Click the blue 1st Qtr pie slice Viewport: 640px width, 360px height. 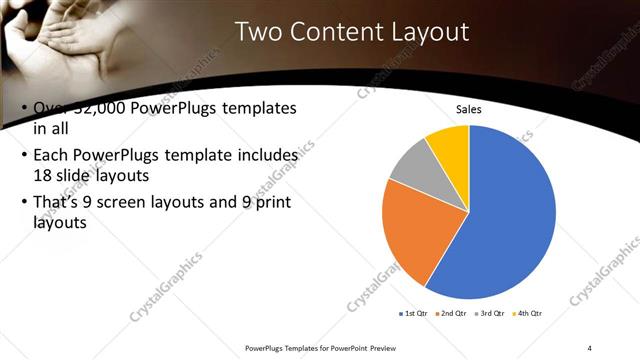510,220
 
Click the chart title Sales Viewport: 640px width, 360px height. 469,109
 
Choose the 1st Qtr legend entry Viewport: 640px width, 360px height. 414,314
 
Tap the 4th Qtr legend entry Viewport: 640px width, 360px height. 527,314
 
